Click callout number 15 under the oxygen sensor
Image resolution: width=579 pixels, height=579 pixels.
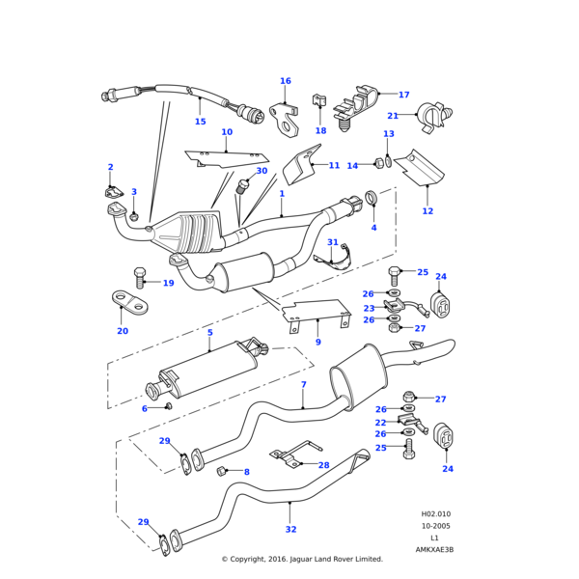[x=200, y=122]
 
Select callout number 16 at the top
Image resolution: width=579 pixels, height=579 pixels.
[x=285, y=81]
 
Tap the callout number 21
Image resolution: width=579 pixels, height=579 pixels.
[x=420, y=116]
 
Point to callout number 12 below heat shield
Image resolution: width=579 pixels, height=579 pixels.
[x=427, y=211]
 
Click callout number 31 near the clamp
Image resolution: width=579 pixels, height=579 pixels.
[x=333, y=242]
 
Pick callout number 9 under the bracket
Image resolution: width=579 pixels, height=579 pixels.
[x=317, y=342]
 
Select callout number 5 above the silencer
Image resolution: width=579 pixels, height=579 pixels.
[x=209, y=333]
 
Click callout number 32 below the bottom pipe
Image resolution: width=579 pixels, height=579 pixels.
[x=290, y=529]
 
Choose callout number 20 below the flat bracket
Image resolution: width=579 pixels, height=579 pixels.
[x=123, y=331]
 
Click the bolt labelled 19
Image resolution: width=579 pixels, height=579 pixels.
[x=141, y=279]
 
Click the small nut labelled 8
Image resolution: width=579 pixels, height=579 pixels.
[x=221, y=470]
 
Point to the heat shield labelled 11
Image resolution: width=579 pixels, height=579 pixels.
[x=304, y=164]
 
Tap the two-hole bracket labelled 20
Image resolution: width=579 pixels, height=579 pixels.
[x=129, y=302]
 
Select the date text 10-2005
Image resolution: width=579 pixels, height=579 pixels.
[x=435, y=526]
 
